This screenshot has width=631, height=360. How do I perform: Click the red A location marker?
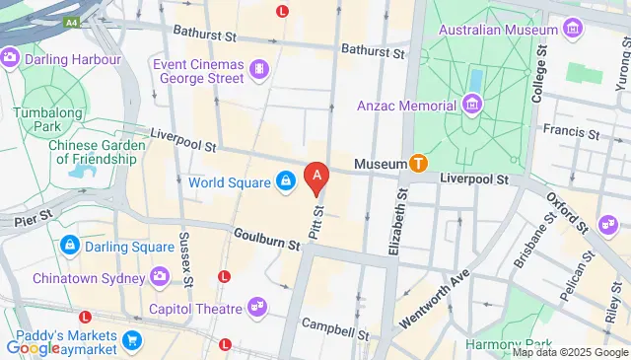tap(315, 179)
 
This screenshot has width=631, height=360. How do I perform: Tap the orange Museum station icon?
tap(419, 164)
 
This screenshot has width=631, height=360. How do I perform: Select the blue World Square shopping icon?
tap(285, 181)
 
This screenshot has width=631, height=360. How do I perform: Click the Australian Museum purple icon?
tap(571, 31)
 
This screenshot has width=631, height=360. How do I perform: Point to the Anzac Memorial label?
tap(408, 104)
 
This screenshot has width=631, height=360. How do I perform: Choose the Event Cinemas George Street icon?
tap(258, 68)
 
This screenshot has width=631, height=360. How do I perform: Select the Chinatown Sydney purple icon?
tap(159, 275)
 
